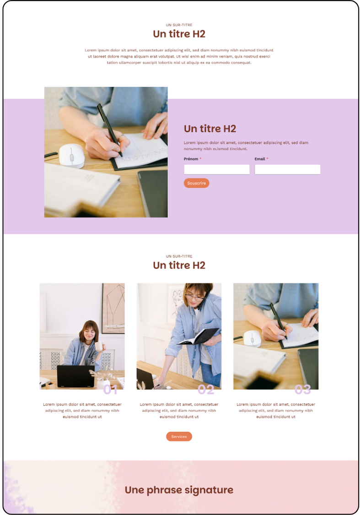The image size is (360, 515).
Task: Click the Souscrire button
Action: point(196,183)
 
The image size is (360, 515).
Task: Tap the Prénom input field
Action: point(216,169)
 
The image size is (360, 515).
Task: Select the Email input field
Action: point(287,169)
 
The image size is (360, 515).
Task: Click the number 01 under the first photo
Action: point(110,390)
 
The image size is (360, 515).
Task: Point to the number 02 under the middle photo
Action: point(206,390)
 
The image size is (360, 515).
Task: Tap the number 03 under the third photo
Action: point(302,390)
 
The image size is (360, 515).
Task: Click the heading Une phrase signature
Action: point(179,490)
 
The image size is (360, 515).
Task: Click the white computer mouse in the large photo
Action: point(72,156)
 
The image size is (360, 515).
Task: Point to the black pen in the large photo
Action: point(109,130)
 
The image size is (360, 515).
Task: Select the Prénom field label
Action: point(191,159)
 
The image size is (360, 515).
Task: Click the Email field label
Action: point(259,159)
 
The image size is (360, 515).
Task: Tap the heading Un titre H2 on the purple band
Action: point(210,129)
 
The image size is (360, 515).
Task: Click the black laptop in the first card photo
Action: point(76,376)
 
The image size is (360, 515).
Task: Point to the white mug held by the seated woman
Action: point(99,346)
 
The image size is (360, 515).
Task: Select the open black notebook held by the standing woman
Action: point(198,336)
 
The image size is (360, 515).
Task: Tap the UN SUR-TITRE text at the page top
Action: point(179,25)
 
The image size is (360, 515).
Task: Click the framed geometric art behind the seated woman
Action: point(113,308)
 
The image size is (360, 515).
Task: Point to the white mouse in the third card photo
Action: point(253,339)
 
